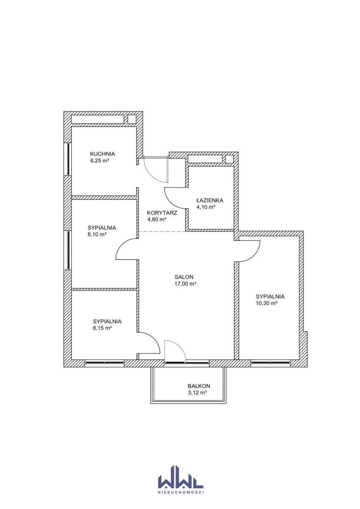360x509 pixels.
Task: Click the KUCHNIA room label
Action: pos(103,154)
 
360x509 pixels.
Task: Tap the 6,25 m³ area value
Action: pos(100,161)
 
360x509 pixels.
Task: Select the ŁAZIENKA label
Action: pos(209,200)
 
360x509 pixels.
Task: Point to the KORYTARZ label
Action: pos(162,213)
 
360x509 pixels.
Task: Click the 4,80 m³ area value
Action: pos(157,220)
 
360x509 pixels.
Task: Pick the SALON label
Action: pos(184,277)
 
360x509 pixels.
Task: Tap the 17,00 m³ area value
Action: pos(185,284)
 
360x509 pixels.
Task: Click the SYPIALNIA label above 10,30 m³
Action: pos(270,296)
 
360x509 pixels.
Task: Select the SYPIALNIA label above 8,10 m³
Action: pos(102,228)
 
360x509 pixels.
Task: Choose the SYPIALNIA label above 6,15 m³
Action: pos(107,322)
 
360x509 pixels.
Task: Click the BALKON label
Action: pos(199,386)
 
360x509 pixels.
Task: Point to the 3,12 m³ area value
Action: pos(197,392)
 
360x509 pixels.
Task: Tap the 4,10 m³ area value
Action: pos(206,207)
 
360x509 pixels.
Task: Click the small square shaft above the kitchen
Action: pos(132,119)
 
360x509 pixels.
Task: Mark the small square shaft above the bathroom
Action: pos(229,159)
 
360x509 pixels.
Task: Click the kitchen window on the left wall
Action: pos(68,159)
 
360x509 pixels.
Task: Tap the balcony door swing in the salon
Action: pos(175,350)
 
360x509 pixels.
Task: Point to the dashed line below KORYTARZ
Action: pos(162,232)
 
